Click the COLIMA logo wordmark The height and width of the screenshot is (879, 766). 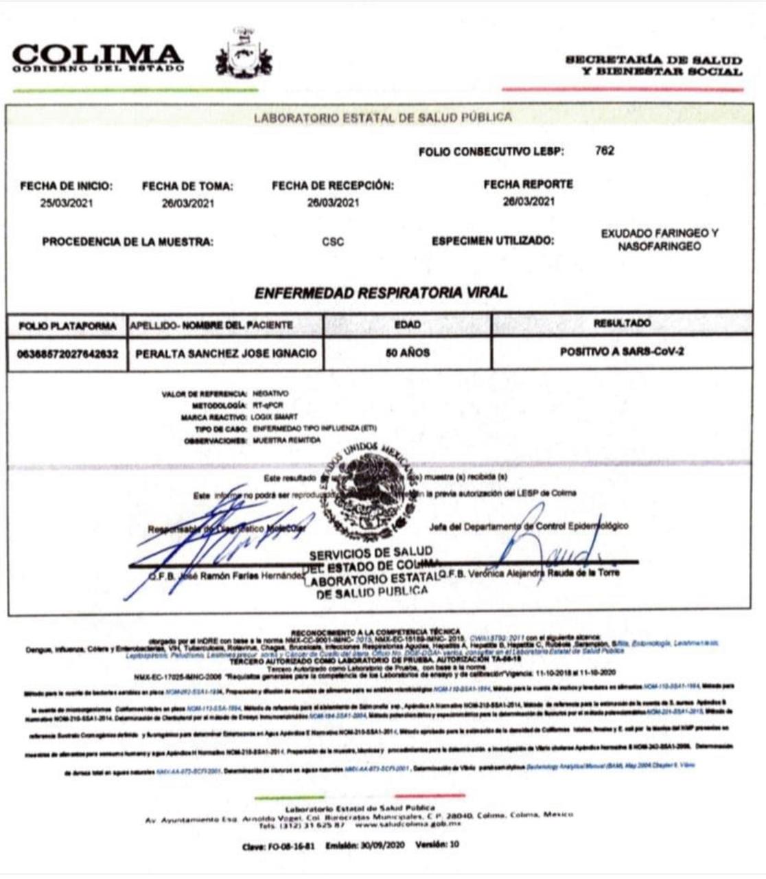(x=97, y=56)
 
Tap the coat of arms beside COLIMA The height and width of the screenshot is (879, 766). (x=244, y=54)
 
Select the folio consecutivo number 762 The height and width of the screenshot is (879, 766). (x=605, y=150)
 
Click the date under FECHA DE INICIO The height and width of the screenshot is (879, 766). (x=67, y=203)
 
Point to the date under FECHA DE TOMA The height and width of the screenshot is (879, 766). (x=187, y=203)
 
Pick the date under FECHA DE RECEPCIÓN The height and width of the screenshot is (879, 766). (x=333, y=202)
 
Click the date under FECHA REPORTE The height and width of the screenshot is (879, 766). (x=528, y=201)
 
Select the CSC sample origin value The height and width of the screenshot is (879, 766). (x=333, y=242)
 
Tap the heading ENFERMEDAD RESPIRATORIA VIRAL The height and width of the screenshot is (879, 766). (x=381, y=293)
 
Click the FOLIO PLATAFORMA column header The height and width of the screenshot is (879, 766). (x=67, y=326)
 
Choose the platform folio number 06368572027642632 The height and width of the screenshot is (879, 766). (x=67, y=354)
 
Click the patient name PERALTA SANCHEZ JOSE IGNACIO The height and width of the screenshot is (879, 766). (x=226, y=353)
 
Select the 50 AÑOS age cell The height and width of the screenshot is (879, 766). (x=408, y=352)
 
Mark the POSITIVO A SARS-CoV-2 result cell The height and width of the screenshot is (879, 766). (x=621, y=352)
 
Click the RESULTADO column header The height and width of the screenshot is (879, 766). (x=622, y=323)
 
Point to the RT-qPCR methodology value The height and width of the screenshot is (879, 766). (x=268, y=405)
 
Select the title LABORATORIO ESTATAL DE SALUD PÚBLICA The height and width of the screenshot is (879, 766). (x=382, y=117)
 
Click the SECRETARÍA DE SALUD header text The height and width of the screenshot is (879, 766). (x=653, y=65)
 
